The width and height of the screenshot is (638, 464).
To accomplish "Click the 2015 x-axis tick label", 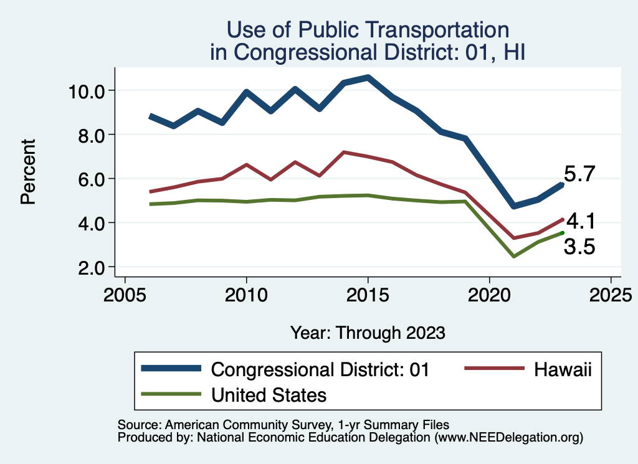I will tap(368, 293).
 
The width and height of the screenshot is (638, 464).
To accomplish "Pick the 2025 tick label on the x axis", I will tap(611, 293).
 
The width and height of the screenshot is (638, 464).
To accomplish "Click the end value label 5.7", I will tap(581, 174).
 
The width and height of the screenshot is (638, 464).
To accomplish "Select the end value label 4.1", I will tap(581, 221).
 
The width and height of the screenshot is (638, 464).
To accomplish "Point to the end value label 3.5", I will tap(579, 247).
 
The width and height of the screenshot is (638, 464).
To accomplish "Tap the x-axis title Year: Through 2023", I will tap(368, 333).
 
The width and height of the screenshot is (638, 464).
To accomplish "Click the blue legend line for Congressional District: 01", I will tap(171, 369).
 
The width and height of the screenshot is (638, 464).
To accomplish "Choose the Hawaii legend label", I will tap(563, 369).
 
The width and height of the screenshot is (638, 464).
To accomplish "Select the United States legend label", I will tap(269, 394).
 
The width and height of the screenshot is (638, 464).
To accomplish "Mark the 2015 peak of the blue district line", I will tap(368, 78).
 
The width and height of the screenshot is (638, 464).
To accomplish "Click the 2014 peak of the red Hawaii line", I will tap(343, 152).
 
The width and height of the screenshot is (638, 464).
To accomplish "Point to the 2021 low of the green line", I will tap(513, 256).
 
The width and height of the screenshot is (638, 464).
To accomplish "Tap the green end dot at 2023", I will tap(562, 232).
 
